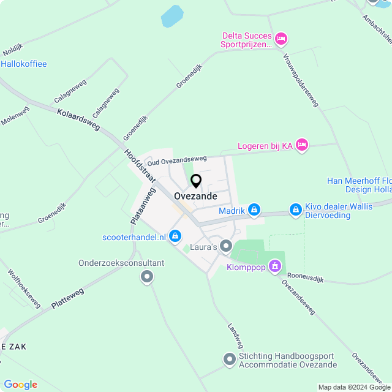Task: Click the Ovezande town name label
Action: coord(195,196)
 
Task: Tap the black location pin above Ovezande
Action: coord(196,181)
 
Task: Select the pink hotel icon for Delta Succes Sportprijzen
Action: coord(281,39)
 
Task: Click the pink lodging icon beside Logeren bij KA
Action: coord(301,145)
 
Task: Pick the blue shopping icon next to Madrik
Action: coord(254,210)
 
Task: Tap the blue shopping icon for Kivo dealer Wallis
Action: coord(296,210)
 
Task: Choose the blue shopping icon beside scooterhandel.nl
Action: coord(176,236)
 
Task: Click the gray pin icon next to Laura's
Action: coord(226,246)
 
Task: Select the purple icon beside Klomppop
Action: coord(275,266)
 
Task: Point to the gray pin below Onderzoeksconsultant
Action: coord(146,277)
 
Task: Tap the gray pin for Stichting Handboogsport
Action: coord(230,359)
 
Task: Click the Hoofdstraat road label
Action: coord(140,166)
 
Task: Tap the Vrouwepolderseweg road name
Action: coord(301,80)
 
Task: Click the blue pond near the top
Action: coord(172,16)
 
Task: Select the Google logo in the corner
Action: coord(20,385)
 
